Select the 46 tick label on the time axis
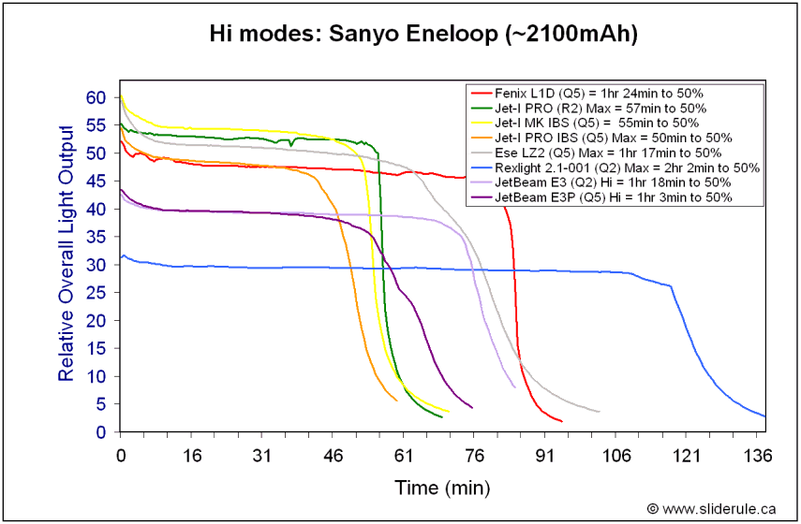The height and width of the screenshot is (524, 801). (x=333, y=455)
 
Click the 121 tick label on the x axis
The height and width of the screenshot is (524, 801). (x=688, y=455)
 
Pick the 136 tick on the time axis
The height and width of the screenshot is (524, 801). (x=761, y=455)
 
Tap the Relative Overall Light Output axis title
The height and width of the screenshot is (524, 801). (x=67, y=252)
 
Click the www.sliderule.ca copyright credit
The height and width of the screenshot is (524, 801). (x=711, y=508)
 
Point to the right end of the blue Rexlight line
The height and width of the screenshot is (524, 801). (x=765, y=416)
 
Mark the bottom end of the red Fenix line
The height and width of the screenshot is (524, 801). (x=562, y=421)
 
